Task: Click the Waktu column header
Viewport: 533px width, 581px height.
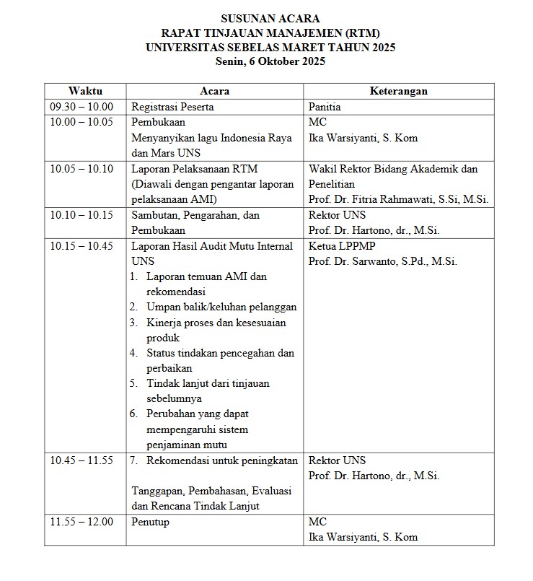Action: pos(85,91)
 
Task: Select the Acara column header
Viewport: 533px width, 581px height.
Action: pos(214,91)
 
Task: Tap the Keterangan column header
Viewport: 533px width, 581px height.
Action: pos(398,91)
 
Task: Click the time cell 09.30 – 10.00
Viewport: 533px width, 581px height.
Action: pos(82,107)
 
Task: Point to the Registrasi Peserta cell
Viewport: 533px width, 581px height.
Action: pos(172,107)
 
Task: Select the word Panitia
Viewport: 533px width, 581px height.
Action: pos(325,107)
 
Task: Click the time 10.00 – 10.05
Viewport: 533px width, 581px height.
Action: pos(82,122)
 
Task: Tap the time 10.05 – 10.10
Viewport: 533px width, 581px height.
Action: pos(82,169)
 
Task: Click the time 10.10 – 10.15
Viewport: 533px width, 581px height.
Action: pos(82,215)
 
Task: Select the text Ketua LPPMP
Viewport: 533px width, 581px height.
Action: pos(338,246)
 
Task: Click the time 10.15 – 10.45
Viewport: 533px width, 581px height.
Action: pos(82,246)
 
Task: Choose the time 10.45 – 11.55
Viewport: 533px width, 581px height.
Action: pos(82,460)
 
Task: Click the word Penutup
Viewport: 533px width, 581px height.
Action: pos(150,522)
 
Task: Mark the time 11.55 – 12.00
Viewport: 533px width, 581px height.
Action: pos(82,522)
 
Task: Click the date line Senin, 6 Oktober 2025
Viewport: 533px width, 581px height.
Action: pos(270,61)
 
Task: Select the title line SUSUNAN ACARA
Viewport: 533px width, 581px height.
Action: pos(270,18)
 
